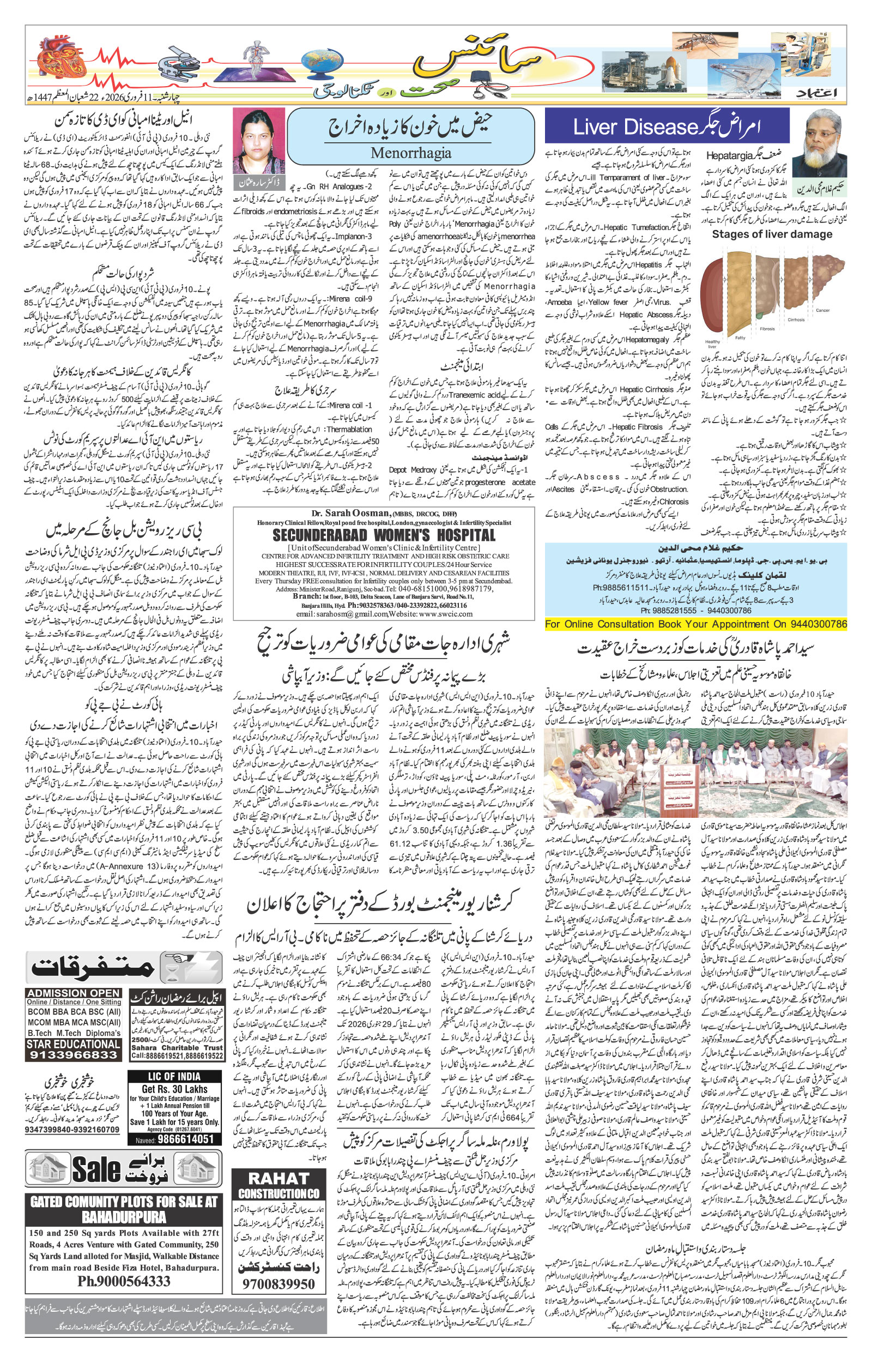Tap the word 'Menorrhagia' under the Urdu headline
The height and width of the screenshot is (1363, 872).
click(x=410, y=152)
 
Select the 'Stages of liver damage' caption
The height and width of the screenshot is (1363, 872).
click(x=772, y=234)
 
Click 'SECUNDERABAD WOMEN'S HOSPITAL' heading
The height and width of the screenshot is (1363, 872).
click(x=383, y=535)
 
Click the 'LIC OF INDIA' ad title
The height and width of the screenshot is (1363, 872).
click(x=174, y=1077)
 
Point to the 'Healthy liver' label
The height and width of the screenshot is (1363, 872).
click(x=712, y=343)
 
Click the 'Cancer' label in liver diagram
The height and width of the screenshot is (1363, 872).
click(x=822, y=310)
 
